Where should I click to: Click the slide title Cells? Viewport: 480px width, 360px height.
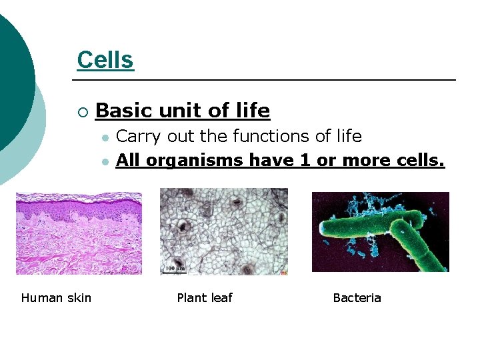(105, 60)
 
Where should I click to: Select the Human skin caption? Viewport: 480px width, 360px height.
(56, 297)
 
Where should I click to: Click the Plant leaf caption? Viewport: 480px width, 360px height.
(204, 297)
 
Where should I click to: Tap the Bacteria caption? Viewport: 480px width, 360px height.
(357, 297)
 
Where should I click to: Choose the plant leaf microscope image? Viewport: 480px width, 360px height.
(223, 231)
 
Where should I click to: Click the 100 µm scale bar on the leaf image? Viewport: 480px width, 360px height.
(175, 269)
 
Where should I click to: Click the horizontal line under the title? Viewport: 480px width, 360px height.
(267, 80)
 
